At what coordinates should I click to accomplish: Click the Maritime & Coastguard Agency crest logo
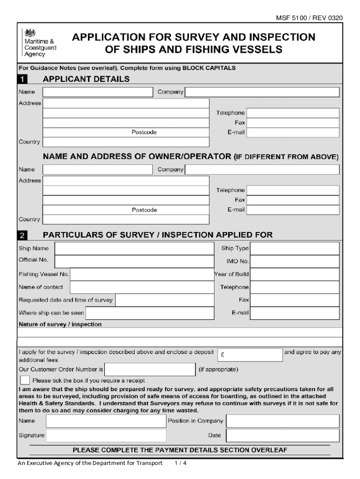click(30, 33)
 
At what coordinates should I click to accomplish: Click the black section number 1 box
click(23, 80)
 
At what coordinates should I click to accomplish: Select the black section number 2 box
click(23, 235)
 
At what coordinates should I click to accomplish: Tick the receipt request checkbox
click(25, 380)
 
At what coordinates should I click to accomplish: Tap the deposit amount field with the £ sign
click(250, 355)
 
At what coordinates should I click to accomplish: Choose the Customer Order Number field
click(150, 370)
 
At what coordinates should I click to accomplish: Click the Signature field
click(106, 435)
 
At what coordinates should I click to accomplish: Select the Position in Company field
click(282, 421)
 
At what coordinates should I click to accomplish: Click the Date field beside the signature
click(282, 435)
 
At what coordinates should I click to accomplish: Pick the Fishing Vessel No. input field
click(140, 274)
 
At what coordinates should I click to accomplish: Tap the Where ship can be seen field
click(147, 312)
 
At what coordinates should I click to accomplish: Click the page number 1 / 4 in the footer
click(180, 463)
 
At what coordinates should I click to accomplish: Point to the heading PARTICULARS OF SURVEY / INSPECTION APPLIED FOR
click(158, 235)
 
